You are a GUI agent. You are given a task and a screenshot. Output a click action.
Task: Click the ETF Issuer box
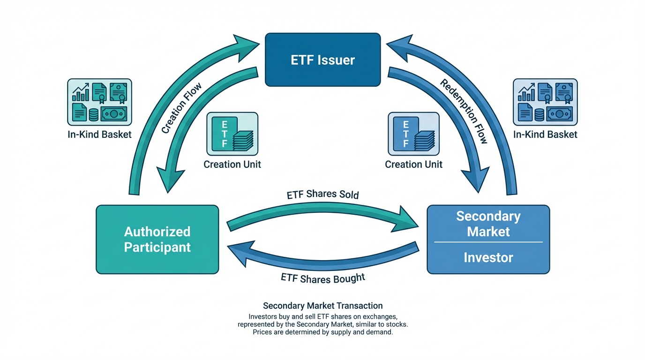(x=322, y=60)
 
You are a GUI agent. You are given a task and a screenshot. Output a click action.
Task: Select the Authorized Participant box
(x=157, y=239)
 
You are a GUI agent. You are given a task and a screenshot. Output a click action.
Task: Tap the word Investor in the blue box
(x=488, y=257)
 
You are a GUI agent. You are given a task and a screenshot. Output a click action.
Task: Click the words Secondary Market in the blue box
(x=488, y=224)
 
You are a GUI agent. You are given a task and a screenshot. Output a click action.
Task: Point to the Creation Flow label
(x=181, y=108)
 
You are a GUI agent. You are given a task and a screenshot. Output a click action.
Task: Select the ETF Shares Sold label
(x=322, y=194)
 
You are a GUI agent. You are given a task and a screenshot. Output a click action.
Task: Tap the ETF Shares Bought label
(x=322, y=278)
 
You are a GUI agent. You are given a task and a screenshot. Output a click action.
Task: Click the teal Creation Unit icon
(x=232, y=134)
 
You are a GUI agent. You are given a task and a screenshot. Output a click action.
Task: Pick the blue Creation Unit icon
(x=413, y=134)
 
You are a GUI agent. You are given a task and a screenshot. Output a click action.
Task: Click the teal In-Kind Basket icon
(x=99, y=102)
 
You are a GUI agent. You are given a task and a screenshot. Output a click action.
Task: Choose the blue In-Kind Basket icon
(x=545, y=102)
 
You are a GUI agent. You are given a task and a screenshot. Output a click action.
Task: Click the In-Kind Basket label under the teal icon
(x=99, y=135)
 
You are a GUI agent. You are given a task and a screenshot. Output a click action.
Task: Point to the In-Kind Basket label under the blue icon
(x=545, y=135)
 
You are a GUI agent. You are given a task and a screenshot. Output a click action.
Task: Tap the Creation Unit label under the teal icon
(x=232, y=165)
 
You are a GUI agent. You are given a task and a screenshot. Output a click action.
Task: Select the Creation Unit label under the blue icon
(x=413, y=165)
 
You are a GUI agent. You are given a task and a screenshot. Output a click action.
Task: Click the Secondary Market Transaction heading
(x=322, y=306)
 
